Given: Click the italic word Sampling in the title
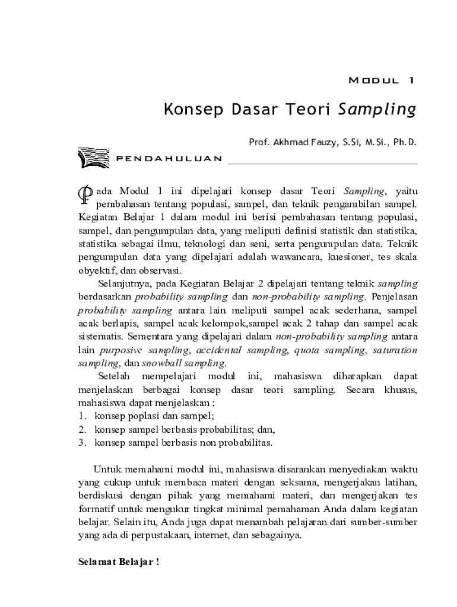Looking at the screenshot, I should pyautogui.click(x=377, y=110).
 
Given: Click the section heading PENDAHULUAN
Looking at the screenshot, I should pyautogui.click(x=169, y=159).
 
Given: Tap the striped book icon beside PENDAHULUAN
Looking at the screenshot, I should pyautogui.click(x=93, y=158).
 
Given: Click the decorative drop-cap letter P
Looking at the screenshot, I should pyautogui.click(x=85, y=193).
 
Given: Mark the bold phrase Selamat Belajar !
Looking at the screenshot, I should pyautogui.click(x=119, y=561).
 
